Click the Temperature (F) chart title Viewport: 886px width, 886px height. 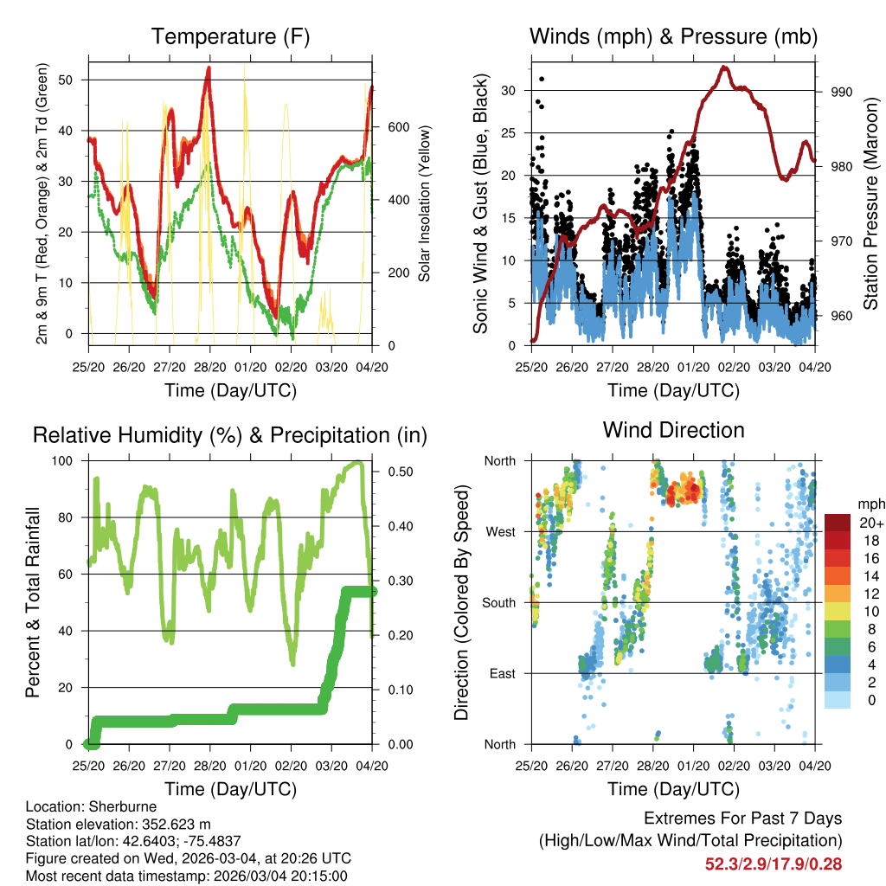pos(230,37)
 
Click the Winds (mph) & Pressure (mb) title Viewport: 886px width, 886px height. pos(673,37)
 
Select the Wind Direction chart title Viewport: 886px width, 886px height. pos(673,429)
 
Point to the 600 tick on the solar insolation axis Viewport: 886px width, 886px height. pos(397,126)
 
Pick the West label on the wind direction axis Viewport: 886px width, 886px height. pos(500,531)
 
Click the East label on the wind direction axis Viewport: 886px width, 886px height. pos(502,673)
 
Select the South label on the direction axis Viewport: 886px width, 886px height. pos(499,602)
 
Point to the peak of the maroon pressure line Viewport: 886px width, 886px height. pos(724,67)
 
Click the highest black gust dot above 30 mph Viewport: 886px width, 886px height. pos(542,79)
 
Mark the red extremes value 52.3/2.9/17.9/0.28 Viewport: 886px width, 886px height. pos(774,864)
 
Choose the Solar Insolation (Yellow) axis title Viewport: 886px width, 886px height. pos(425,203)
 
